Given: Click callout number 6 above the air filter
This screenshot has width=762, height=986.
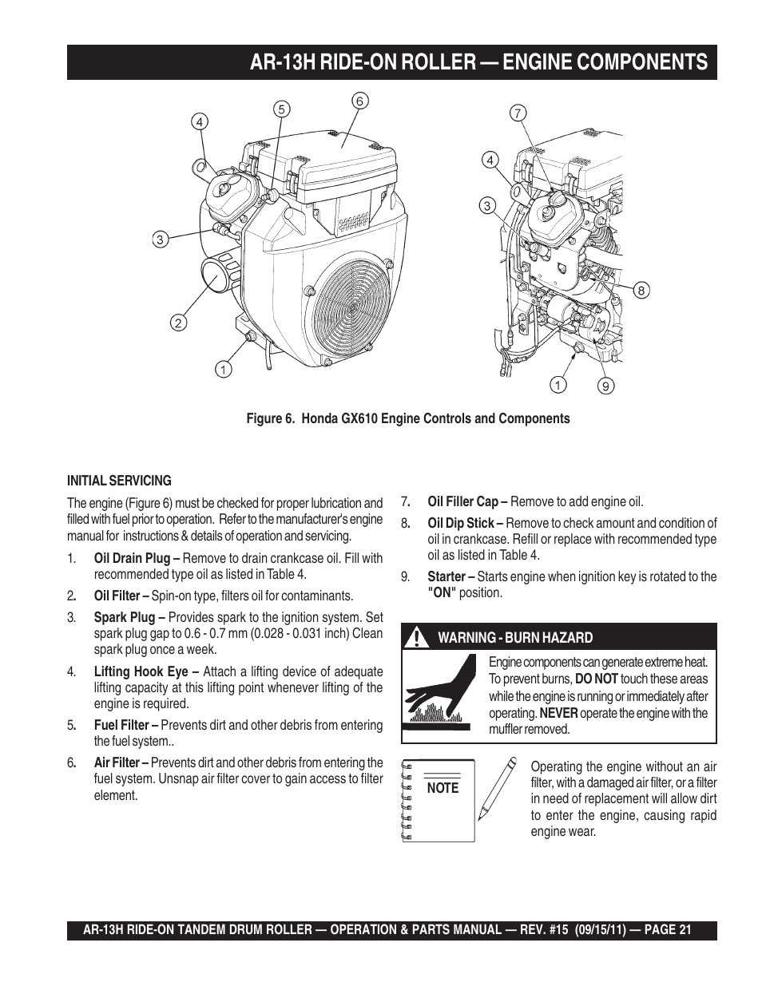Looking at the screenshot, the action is pos(359,101).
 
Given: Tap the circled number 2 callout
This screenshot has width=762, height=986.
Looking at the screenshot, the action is pos(178,323).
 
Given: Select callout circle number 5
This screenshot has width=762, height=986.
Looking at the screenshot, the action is pos(281,109).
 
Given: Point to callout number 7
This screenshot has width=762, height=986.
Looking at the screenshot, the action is pos(518,113).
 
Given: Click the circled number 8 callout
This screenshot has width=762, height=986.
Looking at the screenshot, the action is pos(641,291).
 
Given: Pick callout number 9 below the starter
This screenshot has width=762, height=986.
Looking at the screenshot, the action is pos(606,386).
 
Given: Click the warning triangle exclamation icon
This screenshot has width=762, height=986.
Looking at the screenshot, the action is pos(414,638).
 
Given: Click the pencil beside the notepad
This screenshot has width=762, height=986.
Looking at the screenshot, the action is pos(497,789).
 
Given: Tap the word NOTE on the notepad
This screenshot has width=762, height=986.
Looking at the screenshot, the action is pos(443,788).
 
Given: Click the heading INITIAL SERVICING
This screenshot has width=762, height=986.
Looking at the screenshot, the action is pos(119,481).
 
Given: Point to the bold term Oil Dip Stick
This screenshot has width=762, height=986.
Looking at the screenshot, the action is pos(461,523).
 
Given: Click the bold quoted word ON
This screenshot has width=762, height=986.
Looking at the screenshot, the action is pos(442,592).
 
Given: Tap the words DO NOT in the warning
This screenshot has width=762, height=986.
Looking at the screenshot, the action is pos(597,679).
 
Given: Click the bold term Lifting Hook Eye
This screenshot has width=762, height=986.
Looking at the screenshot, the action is pos(141,671).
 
